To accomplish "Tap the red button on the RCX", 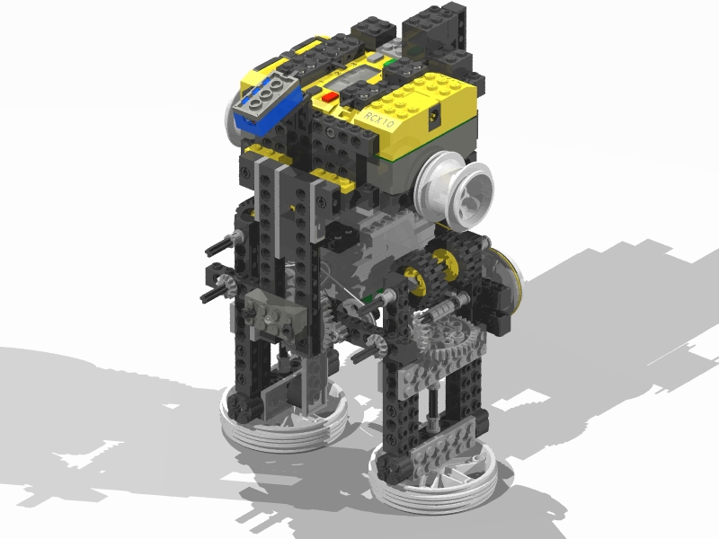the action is click(x=330, y=97).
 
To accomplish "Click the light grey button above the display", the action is click(x=375, y=57).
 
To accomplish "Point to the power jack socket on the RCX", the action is click(x=434, y=115).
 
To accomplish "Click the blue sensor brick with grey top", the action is click(x=268, y=102).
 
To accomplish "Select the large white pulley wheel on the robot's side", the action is click(x=454, y=188).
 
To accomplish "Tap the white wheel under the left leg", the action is click(x=284, y=420).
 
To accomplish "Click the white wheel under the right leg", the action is click(x=433, y=477).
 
